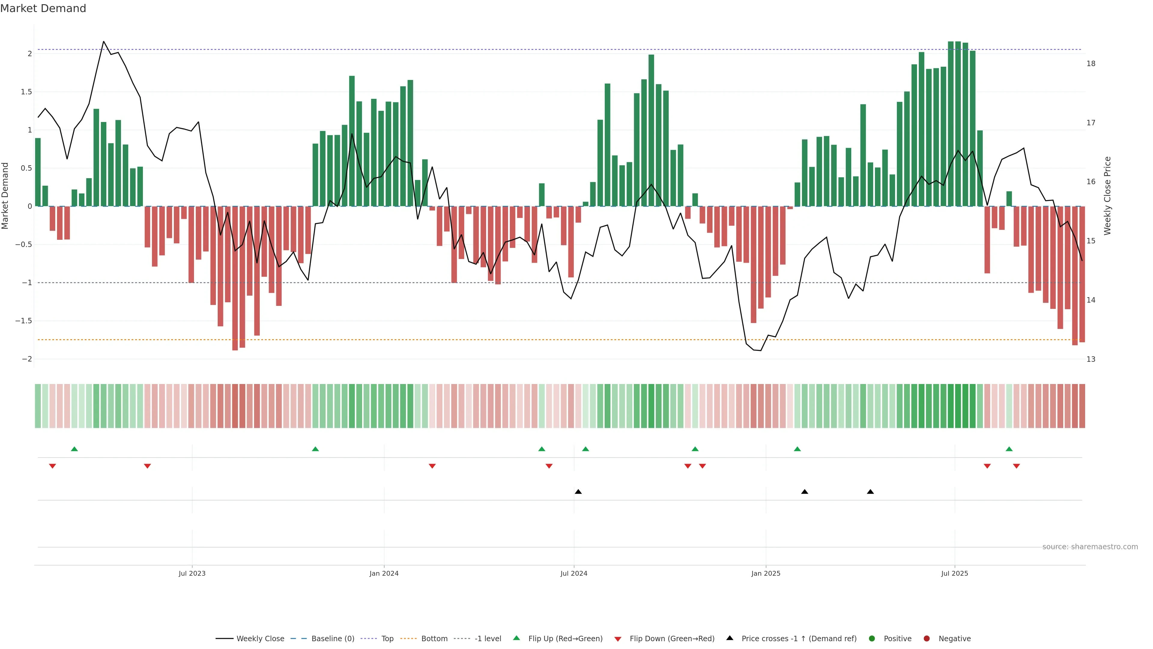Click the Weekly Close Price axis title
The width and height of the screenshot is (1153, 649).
(x=1107, y=196)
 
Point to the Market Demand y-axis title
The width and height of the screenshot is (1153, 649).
(x=5, y=196)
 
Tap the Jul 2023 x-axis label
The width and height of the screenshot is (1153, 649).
(x=192, y=573)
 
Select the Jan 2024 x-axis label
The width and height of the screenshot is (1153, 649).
(x=384, y=573)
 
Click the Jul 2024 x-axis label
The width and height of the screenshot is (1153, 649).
(x=574, y=573)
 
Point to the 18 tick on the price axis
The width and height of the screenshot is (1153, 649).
(x=1091, y=64)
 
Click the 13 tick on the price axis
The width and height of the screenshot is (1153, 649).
(x=1091, y=359)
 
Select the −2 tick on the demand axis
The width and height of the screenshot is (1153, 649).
(x=27, y=359)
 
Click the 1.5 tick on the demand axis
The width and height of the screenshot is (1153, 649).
(x=26, y=92)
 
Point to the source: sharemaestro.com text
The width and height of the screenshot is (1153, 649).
(x=1090, y=547)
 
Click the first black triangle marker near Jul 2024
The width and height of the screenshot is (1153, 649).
(x=578, y=492)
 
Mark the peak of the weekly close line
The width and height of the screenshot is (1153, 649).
(x=104, y=42)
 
